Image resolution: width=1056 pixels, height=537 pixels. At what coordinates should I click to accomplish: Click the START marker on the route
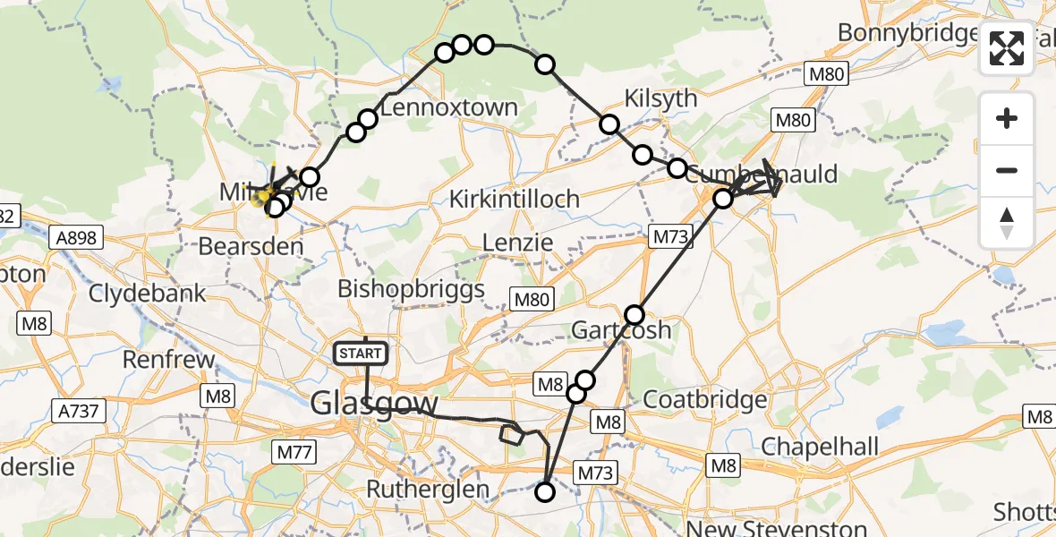point(361,354)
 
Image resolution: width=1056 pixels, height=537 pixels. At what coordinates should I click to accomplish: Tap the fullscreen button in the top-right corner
point(1007,48)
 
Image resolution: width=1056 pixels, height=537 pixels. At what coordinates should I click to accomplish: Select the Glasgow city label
point(374,404)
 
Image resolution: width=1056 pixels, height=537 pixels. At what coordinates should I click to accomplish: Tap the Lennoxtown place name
point(448,108)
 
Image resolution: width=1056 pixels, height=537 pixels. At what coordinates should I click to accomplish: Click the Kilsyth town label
point(661,98)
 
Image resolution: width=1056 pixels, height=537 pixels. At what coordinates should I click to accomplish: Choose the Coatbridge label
point(705,398)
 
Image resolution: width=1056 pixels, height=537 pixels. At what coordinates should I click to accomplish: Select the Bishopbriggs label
point(412,289)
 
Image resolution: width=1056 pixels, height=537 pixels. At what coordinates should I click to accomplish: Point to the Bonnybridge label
point(906,33)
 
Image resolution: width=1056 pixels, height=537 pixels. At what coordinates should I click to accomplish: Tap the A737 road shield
point(80,411)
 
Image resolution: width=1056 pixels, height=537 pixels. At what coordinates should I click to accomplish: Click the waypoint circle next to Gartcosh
point(634,314)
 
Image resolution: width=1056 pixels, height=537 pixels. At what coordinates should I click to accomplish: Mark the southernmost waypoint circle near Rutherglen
point(544,491)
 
